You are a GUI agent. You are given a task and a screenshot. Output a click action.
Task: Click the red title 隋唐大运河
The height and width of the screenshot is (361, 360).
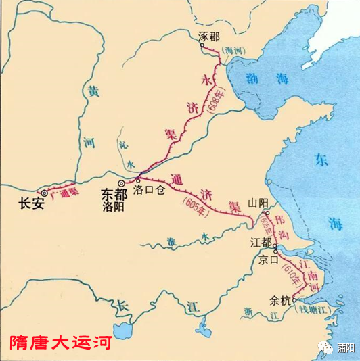60,343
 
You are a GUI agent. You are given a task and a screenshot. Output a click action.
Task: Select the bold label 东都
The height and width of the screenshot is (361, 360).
114,193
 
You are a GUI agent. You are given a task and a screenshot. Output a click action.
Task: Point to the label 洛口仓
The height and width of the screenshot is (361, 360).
150,191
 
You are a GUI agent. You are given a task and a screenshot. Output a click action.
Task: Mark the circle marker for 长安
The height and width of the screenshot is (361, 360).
45,192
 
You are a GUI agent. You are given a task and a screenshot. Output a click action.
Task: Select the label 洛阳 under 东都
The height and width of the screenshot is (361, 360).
114,208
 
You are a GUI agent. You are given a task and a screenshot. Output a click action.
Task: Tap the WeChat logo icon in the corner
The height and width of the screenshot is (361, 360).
327,347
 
